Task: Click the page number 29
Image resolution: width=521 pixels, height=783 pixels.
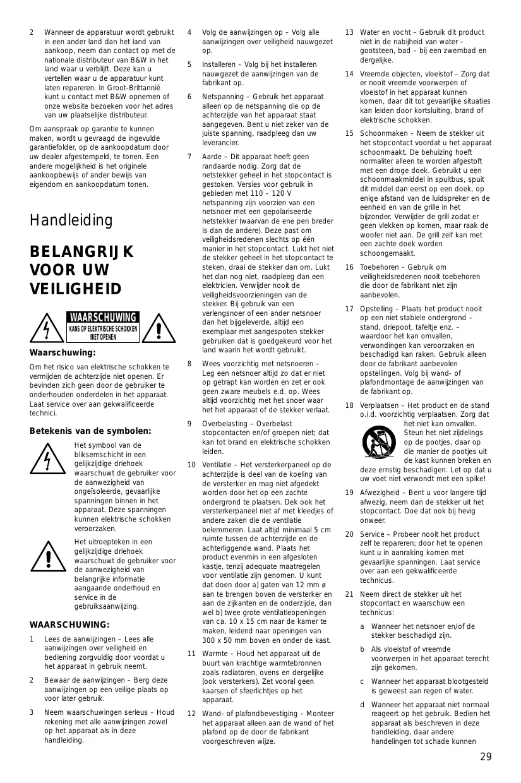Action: [485, 757]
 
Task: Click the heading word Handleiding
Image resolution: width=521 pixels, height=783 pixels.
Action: [71, 220]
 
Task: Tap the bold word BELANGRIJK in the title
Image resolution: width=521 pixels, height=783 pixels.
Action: [81, 252]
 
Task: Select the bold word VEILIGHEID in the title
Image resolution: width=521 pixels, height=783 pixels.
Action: [75, 289]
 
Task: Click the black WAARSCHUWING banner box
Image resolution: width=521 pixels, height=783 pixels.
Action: [103, 317]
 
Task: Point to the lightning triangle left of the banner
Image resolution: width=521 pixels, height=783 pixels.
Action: [46, 328]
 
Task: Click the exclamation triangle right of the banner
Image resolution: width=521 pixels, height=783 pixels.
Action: [159, 328]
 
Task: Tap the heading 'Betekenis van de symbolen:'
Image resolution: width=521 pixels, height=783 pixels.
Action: [90, 431]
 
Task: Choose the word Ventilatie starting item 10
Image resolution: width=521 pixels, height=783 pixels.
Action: [219, 465]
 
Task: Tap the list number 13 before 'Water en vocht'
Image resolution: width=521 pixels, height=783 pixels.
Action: [349, 32]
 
